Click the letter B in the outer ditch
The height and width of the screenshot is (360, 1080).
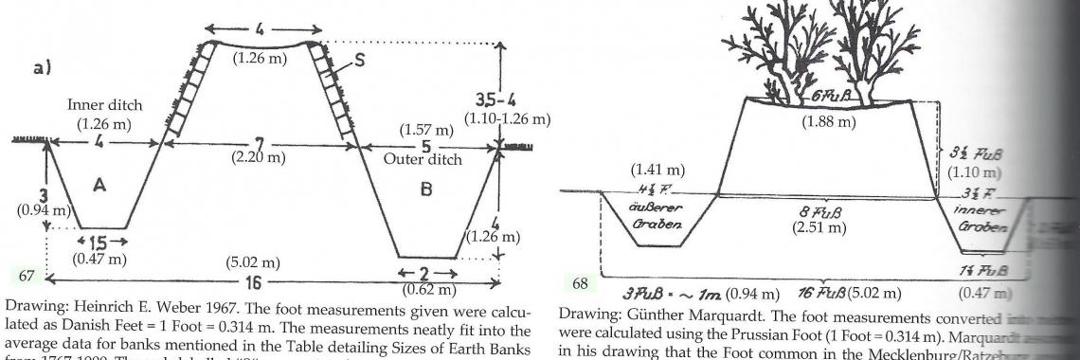tap(425, 189)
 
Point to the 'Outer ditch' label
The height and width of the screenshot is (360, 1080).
tap(423, 159)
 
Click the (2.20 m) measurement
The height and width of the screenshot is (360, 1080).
tap(257, 157)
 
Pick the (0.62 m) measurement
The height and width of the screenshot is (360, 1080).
tap(429, 289)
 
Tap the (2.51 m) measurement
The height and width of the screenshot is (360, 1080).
tap(821, 227)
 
